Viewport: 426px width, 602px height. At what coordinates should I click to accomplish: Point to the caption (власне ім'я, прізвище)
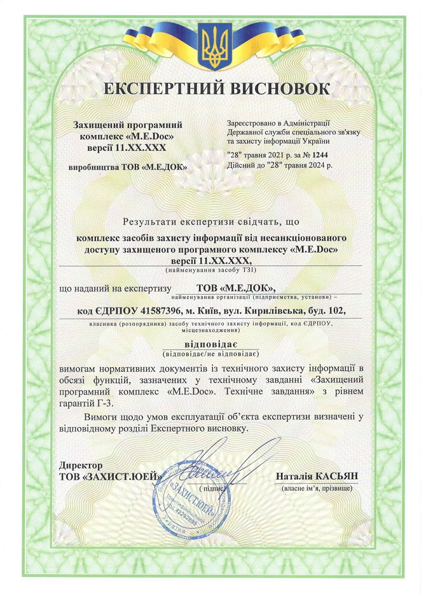(x=316, y=488)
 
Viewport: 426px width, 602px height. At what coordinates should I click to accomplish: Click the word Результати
(x=151, y=222)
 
